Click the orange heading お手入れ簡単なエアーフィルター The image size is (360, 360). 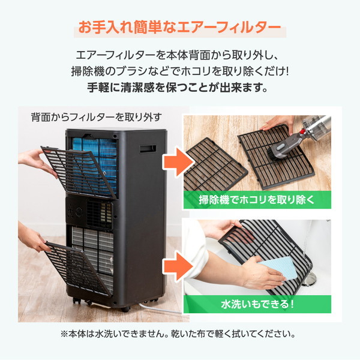(x=180, y=28)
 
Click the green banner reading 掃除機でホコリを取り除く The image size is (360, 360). (x=257, y=200)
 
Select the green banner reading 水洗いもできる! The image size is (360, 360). (x=257, y=304)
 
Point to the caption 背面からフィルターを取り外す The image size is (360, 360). (x=97, y=118)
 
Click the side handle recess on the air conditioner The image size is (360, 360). (x=148, y=149)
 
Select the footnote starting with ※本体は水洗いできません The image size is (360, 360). (x=178, y=334)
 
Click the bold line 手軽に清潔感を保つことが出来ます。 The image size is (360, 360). (x=178, y=88)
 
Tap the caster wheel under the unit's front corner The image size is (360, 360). (x=125, y=309)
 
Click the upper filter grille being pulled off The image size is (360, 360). (x=78, y=172)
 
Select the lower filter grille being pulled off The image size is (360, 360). (x=77, y=269)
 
